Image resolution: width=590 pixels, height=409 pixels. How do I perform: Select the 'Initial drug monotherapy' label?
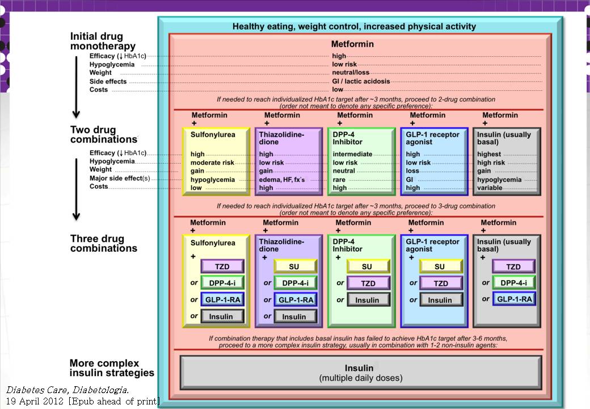[x=103, y=41]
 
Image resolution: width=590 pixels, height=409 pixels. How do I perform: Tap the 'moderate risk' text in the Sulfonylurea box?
[x=212, y=162]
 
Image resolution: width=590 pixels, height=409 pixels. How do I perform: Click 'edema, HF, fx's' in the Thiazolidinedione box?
[x=282, y=180]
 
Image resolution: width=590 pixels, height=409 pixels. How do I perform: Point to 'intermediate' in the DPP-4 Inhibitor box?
[x=352, y=154]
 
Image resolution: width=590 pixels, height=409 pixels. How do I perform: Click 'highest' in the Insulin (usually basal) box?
[x=489, y=154]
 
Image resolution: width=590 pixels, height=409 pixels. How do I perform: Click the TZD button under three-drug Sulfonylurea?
[x=222, y=266]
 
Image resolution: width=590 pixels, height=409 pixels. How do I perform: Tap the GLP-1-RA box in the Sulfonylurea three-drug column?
[x=222, y=299]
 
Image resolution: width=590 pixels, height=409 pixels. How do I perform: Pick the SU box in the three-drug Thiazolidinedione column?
[x=294, y=266]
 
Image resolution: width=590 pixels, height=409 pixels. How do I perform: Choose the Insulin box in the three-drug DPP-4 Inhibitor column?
[x=367, y=300]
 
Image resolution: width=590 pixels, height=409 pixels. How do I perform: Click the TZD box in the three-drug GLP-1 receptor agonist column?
[x=440, y=283]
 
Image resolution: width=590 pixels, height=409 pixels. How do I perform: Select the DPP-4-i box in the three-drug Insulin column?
[x=513, y=283]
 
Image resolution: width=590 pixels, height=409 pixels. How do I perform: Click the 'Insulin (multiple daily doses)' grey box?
[x=360, y=373]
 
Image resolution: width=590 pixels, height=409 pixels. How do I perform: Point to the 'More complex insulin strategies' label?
[x=112, y=368]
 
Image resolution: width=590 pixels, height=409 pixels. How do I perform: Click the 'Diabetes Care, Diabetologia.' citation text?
[x=68, y=390]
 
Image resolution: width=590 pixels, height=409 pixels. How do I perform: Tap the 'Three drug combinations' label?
[x=103, y=243]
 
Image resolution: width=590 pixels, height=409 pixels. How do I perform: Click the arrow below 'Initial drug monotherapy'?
[x=76, y=85]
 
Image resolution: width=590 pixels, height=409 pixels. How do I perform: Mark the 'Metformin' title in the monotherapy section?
[x=352, y=44]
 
